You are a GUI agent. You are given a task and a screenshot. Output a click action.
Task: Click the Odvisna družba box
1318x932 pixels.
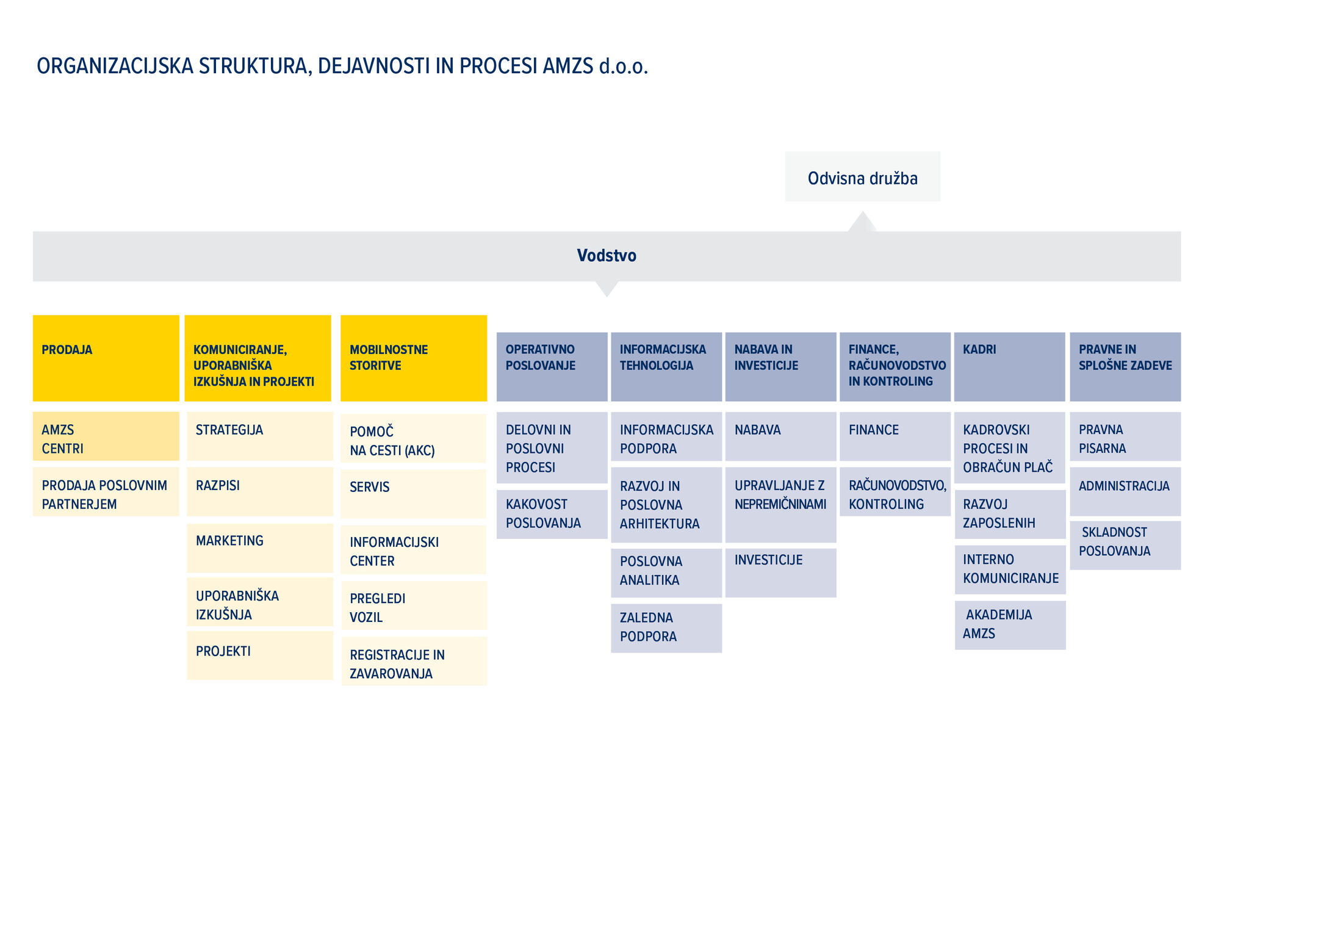point(862,176)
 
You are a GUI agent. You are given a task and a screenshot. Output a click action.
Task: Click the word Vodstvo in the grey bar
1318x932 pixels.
point(607,255)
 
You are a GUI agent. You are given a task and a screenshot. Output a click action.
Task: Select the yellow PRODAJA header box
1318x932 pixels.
point(106,358)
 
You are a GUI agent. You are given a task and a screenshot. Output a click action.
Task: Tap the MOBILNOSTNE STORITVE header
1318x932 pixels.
point(414,358)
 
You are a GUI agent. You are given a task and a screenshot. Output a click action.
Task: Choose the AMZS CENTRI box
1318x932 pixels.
point(106,436)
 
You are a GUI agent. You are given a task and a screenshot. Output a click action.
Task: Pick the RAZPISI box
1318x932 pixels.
point(260,491)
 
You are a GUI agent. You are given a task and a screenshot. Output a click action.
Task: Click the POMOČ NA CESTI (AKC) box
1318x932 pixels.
point(414,438)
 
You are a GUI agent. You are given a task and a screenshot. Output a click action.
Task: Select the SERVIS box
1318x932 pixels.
point(414,494)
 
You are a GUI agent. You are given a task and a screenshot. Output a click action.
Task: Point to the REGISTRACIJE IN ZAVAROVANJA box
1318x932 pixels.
point(414,661)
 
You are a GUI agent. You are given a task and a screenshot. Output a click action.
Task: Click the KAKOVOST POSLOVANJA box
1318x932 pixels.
point(552,515)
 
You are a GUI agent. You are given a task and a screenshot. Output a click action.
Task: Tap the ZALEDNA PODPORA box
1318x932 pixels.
point(666,628)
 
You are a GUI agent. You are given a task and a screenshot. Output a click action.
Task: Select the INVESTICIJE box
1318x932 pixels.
point(781,573)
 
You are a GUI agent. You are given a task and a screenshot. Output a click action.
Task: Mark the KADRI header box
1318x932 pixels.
point(1010,367)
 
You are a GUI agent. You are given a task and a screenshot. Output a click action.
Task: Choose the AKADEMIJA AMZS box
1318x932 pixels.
point(1010,625)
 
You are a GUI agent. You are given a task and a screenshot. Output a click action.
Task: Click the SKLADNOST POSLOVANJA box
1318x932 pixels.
point(1125,545)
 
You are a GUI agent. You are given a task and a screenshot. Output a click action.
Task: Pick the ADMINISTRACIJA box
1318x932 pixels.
point(1125,491)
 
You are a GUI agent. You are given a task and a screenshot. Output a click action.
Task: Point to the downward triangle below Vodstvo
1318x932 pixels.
point(607,289)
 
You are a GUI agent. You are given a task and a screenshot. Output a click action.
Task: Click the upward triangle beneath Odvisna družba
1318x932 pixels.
point(862,222)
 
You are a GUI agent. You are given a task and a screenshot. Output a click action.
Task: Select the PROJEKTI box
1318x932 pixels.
point(260,656)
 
